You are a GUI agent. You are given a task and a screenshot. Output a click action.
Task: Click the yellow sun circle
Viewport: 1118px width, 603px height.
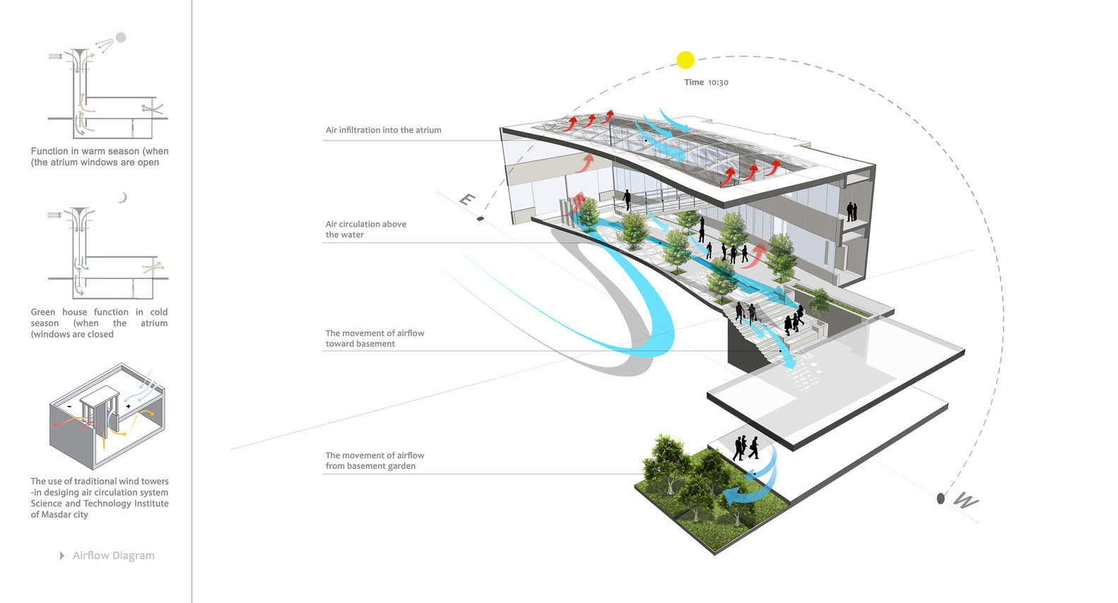(x=685, y=60)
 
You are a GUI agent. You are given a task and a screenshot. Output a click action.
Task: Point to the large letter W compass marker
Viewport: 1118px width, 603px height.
(x=966, y=501)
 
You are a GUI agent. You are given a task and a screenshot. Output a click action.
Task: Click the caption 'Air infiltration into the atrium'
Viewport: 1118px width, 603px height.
(x=383, y=130)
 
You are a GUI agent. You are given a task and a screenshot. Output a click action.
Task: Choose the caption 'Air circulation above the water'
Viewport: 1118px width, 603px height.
(x=365, y=229)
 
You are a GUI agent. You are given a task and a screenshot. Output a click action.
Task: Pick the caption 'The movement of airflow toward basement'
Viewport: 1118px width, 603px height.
(x=375, y=338)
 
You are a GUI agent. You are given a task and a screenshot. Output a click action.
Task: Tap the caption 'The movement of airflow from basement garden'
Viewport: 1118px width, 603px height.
(x=375, y=460)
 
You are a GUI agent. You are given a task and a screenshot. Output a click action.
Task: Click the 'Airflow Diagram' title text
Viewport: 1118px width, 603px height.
(x=113, y=556)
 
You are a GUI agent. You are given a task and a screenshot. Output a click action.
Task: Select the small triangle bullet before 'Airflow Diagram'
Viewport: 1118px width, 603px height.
(x=62, y=556)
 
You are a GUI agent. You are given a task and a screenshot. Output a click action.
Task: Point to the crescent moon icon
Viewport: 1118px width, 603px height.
(x=122, y=198)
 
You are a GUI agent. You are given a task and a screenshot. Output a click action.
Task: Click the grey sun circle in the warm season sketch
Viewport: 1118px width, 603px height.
(x=121, y=37)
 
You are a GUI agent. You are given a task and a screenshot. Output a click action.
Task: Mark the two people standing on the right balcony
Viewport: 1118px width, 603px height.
(x=852, y=212)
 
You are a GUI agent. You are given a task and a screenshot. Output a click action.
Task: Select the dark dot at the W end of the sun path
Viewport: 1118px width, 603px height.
(x=941, y=498)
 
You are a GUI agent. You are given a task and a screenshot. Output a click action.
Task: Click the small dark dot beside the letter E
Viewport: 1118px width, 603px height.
(x=481, y=219)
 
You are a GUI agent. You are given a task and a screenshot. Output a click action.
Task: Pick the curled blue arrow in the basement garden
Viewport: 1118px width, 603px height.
(x=749, y=487)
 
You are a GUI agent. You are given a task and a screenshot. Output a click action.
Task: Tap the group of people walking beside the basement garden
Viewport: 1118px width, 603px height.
(x=746, y=448)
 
